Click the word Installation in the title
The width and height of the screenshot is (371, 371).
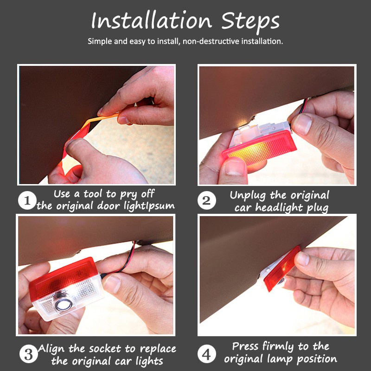click(152, 20)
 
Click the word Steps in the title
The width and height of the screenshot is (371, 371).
click(250, 22)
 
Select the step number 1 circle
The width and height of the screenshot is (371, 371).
click(27, 200)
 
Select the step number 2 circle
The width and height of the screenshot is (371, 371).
click(207, 200)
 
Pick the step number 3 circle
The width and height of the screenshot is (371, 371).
click(28, 354)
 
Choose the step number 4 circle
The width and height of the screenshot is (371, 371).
click(206, 354)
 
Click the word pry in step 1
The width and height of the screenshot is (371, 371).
click(128, 195)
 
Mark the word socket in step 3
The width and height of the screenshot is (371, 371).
click(105, 349)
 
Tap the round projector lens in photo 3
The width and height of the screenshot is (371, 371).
click(64, 302)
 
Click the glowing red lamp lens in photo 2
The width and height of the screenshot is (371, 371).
click(260, 148)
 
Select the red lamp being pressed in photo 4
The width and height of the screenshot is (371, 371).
click(281, 268)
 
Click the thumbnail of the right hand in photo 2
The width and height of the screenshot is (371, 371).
click(302, 124)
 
